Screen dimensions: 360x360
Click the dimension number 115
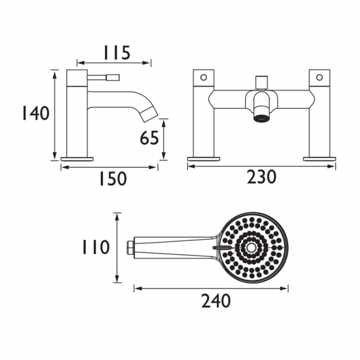[117, 53]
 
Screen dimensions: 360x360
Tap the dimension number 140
[35, 113]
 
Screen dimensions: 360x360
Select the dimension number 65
[149, 138]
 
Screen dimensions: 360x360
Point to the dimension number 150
[113, 178]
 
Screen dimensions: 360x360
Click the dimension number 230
[261, 177]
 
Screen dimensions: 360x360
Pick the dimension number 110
[95, 247]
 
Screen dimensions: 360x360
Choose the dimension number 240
[216, 301]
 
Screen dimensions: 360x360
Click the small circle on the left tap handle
[203, 77]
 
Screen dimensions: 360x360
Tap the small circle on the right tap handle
[320, 77]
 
